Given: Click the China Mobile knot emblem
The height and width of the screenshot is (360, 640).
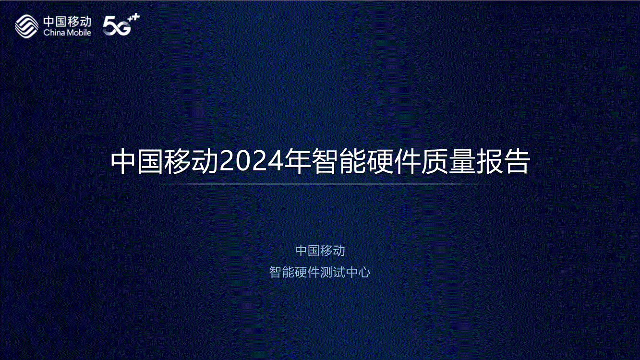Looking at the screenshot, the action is point(26,26).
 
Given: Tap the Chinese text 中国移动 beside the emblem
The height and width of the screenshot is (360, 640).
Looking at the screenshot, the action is point(67,22).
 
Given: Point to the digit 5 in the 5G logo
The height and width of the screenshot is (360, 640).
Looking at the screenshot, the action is point(109,26).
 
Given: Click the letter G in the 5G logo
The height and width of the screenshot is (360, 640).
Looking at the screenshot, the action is point(122,28).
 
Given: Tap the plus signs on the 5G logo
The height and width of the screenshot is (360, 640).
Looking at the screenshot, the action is point(134,18).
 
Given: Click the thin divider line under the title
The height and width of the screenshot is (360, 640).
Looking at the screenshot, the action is point(320,185).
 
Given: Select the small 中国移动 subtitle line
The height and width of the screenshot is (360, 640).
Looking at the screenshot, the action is point(320,251).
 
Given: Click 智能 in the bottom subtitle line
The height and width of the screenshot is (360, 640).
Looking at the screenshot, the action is point(282,272).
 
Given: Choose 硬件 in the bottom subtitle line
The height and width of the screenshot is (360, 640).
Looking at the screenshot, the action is point(307,272).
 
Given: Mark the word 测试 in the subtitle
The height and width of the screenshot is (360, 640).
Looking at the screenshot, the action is point(333,272).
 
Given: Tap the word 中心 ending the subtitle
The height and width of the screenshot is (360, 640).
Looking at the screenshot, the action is point(358,272).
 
